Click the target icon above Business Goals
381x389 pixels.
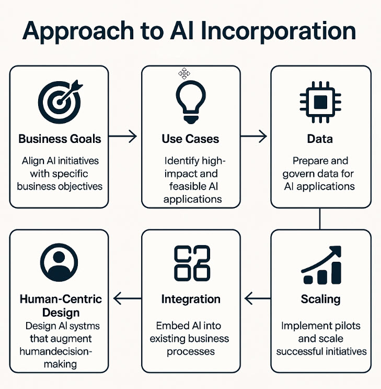pos(59,100)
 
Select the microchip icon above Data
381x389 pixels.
pos(320,100)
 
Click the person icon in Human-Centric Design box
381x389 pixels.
pos(59,261)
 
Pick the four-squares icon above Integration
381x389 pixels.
pos(191,262)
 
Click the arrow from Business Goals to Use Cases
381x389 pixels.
pos(125,137)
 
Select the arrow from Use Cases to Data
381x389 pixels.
pos(255,137)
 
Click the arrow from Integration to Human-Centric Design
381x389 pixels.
pos(127,299)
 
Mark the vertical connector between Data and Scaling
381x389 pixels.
pos(320,219)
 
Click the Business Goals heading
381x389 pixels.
pos(60,139)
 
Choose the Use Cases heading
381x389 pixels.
pos(190,139)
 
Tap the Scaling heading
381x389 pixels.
pos(320,299)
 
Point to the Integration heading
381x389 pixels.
pos(191,299)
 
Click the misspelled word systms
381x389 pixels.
pos(78,326)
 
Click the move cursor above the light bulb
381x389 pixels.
pos(184,74)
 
